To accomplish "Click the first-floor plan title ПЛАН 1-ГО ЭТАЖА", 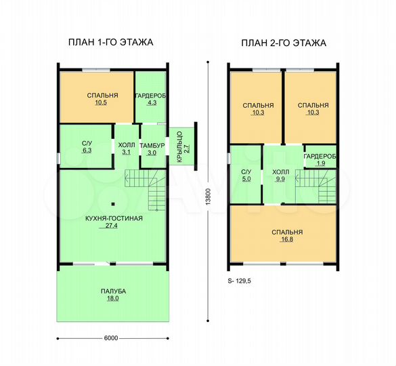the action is click(x=110, y=42).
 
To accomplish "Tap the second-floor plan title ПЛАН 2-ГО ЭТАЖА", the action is click(x=284, y=43).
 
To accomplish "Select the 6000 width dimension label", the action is click(x=111, y=338).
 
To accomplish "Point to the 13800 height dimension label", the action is click(x=208, y=197).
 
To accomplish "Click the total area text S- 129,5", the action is click(x=240, y=281).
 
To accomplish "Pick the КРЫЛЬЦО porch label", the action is click(x=179, y=146).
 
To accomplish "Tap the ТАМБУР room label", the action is click(x=152, y=146).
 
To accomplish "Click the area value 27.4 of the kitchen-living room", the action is click(x=112, y=226).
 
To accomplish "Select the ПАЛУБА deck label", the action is click(x=113, y=291).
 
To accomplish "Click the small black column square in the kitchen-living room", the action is click(x=113, y=204).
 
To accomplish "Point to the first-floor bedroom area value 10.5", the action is click(x=101, y=102).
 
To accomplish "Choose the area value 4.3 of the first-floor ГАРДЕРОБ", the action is click(x=152, y=102).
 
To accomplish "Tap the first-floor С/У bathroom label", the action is click(x=87, y=144).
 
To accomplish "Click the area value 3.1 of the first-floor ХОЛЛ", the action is click(x=126, y=152).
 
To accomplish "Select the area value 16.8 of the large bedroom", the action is click(x=287, y=239).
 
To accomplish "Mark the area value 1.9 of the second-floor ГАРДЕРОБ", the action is click(x=320, y=163).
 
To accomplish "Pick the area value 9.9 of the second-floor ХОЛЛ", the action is click(x=280, y=179).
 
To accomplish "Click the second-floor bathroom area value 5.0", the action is click(x=246, y=179).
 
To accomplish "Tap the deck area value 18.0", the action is click(x=112, y=298).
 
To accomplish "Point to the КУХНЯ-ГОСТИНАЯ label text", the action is click(x=114, y=218).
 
